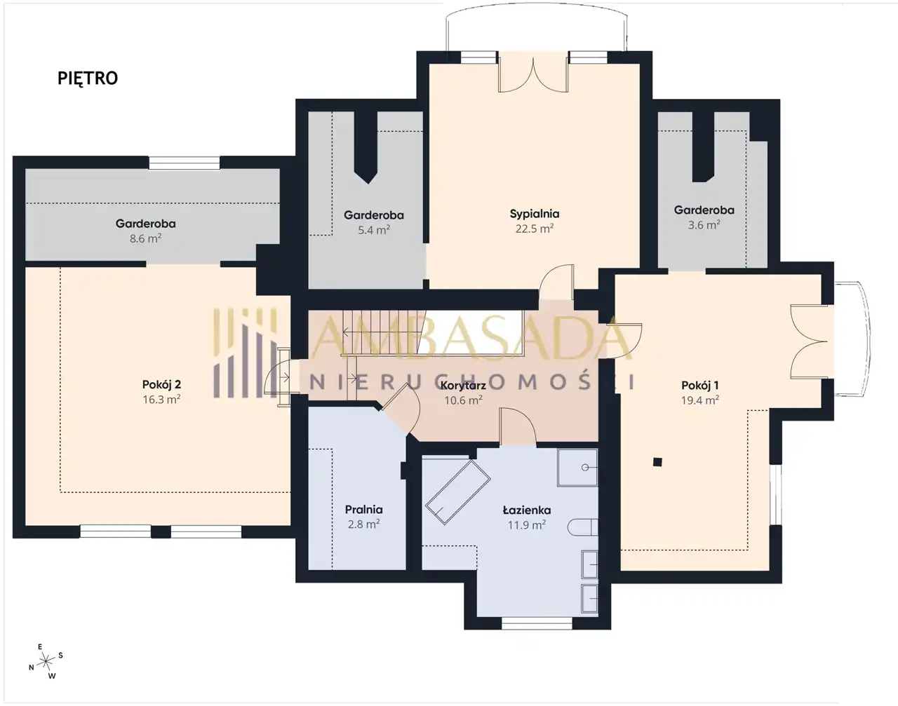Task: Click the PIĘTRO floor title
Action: point(88,78)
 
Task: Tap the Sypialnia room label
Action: point(535,215)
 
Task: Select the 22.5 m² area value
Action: point(535,229)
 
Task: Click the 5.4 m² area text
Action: point(374,230)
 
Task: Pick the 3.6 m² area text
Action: point(704,225)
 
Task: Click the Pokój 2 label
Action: point(161,384)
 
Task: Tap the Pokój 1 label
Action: point(699,385)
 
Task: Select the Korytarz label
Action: point(463,386)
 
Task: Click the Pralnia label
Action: point(363,509)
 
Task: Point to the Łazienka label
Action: point(527,510)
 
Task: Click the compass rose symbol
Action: point(46,661)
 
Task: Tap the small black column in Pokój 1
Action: point(657,461)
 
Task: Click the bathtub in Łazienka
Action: point(457,492)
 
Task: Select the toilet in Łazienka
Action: point(582,527)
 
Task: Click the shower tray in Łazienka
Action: point(577,468)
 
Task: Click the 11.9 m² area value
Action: point(527,524)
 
